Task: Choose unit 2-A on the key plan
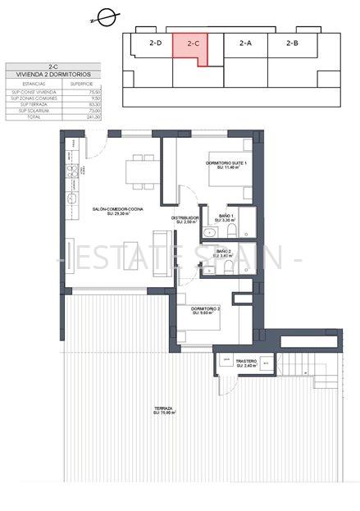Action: pyautogui.click(x=245, y=43)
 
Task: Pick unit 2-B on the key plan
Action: pyautogui.click(x=292, y=43)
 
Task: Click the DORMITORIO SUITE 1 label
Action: pyautogui.click(x=224, y=165)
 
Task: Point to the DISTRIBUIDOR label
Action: pyautogui.click(x=185, y=218)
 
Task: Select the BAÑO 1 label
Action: pyautogui.click(x=224, y=217)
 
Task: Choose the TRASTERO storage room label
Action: pyautogui.click(x=246, y=362)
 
